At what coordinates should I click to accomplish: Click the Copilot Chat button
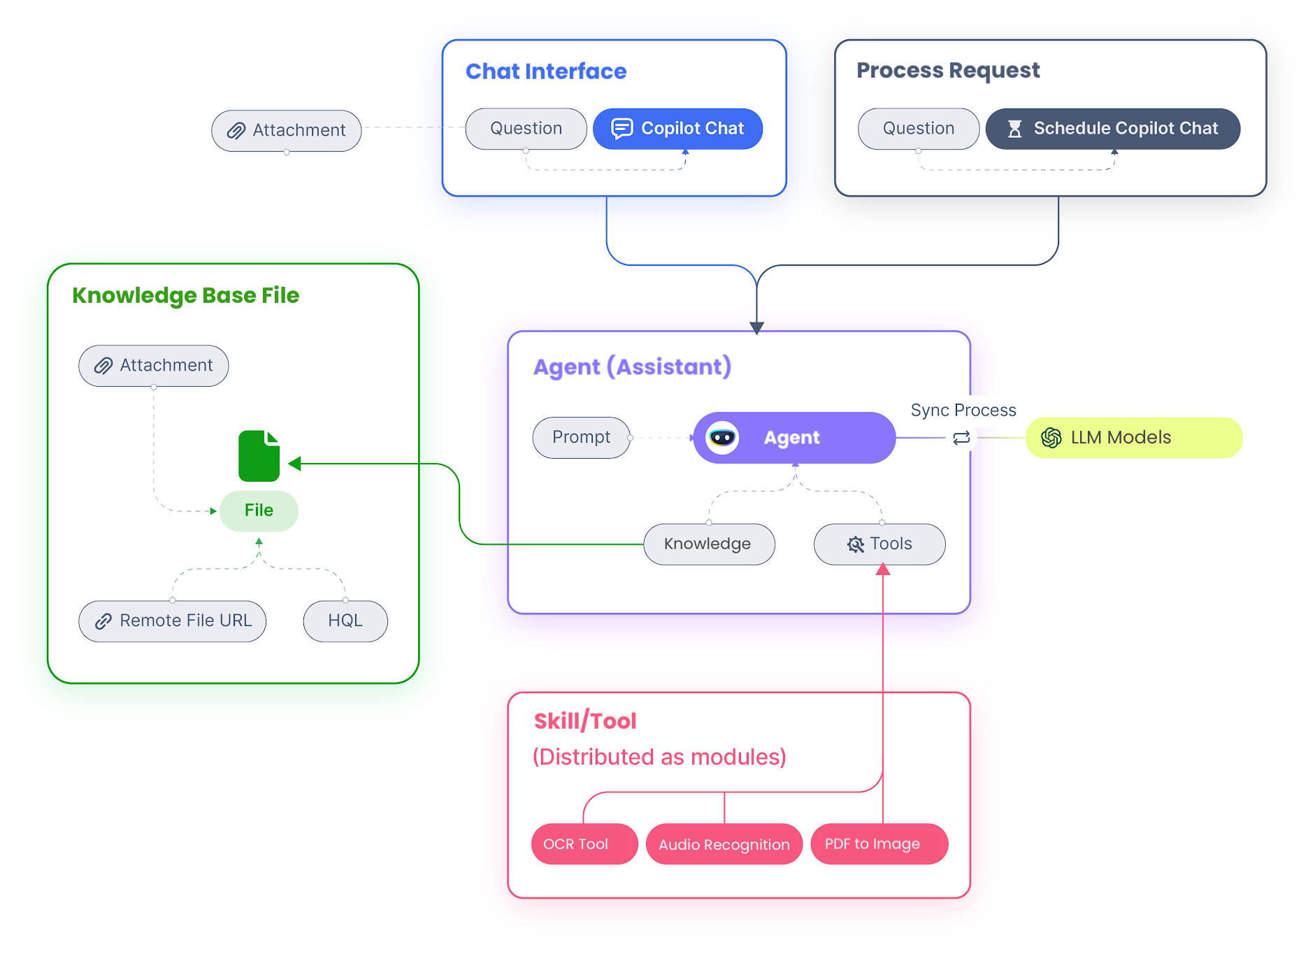(677, 129)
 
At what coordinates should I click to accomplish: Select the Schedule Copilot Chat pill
(1113, 129)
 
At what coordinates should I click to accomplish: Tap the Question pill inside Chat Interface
(526, 129)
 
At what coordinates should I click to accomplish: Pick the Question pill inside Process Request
(919, 129)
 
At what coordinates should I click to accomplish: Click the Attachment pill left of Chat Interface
(287, 131)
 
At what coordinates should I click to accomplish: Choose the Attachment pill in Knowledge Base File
(154, 366)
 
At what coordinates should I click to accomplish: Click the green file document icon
(259, 456)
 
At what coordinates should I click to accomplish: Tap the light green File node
(259, 511)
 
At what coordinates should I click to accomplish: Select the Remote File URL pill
(173, 621)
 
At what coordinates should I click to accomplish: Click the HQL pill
(345, 621)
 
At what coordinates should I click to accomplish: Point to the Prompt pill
(582, 438)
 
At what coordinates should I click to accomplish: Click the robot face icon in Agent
(722, 438)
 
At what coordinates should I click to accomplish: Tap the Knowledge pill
(709, 544)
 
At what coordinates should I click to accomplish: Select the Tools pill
(879, 544)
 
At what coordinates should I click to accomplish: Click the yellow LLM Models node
(1134, 438)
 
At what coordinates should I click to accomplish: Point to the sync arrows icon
(961, 438)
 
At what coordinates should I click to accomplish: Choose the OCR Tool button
(584, 844)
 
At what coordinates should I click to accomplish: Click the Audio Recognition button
(724, 844)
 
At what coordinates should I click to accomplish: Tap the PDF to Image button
(879, 844)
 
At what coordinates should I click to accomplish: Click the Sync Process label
(963, 411)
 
